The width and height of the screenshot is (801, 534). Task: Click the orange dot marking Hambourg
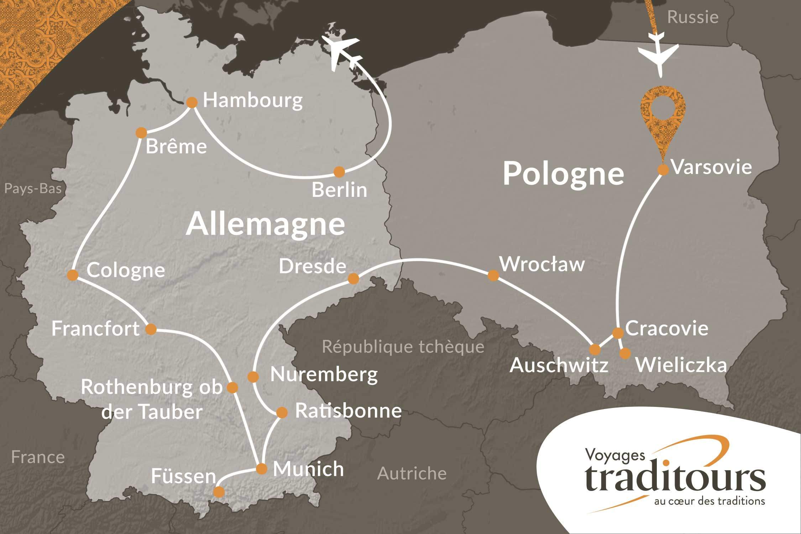click(192, 103)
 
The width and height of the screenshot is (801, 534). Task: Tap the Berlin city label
click(339, 190)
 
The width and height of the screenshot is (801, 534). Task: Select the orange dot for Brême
click(141, 133)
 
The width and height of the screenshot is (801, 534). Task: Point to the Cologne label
click(126, 271)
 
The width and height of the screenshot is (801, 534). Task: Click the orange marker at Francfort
click(151, 329)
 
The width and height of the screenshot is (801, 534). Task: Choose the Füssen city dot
click(219, 492)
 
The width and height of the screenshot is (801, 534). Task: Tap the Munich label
click(308, 469)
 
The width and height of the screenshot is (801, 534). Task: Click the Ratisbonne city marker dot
click(282, 413)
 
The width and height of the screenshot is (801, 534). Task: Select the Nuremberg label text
click(324, 375)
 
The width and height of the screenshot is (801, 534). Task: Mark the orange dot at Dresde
click(353, 278)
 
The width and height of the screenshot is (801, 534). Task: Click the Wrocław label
click(542, 265)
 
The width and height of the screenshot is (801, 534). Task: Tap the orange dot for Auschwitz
click(595, 349)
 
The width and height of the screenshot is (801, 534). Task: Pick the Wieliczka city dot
click(625, 354)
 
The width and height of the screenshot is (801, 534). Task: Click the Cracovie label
click(666, 328)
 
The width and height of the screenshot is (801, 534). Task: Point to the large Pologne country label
click(563, 174)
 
